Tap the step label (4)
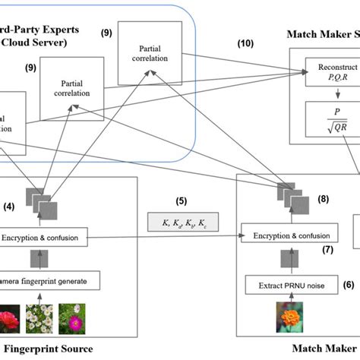[x=8, y=205]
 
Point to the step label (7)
[x=328, y=249]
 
